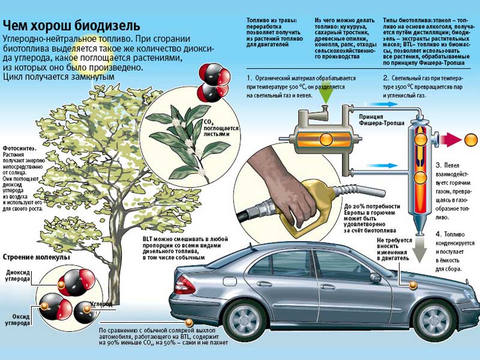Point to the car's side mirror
click(x=375, y=277)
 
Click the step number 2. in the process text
click(x=386, y=78)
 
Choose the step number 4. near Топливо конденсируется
click(x=439, y=233)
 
